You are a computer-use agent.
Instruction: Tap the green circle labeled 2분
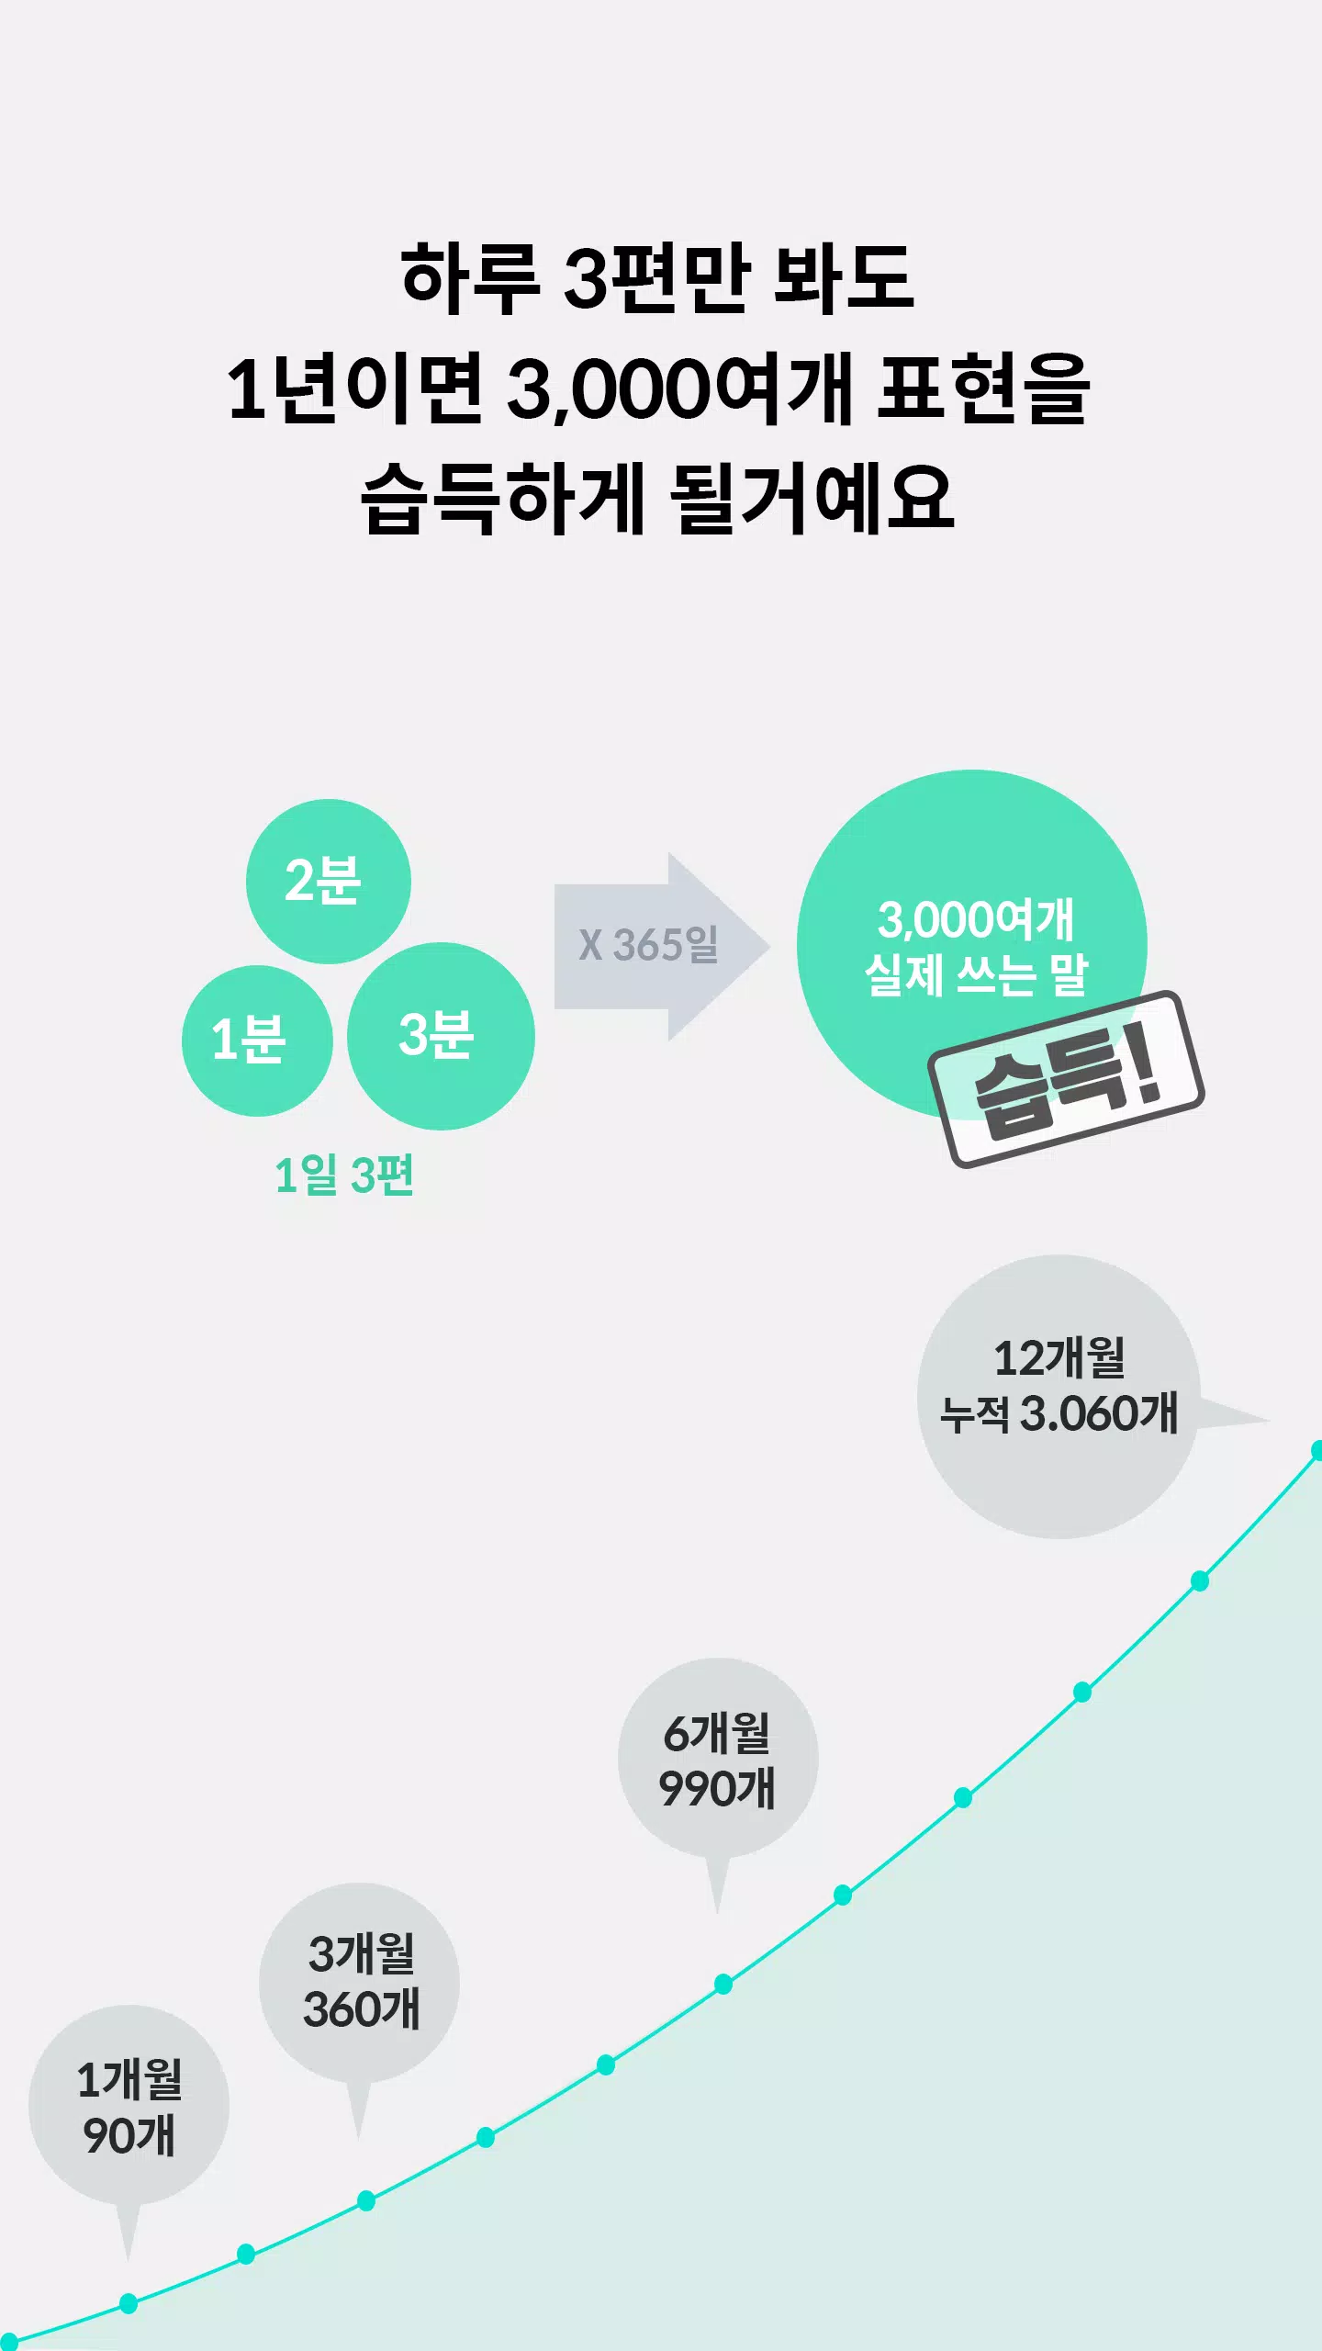(328, 881)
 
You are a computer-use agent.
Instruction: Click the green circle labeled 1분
(257, 1041)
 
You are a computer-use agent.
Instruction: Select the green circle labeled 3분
(441, 1036)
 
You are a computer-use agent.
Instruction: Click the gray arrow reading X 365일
(661, 946)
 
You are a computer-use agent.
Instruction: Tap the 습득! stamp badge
(1066, 1079)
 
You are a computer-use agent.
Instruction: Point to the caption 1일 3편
(344, 1175)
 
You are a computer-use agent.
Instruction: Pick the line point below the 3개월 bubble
(366, 2200)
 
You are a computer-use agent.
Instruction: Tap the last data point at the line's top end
(1316, 1450)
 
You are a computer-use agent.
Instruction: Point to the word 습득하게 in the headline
(503, 500)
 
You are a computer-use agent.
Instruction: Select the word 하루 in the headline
(470, 277)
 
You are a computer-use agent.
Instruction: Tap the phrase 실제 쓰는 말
(976, 974)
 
